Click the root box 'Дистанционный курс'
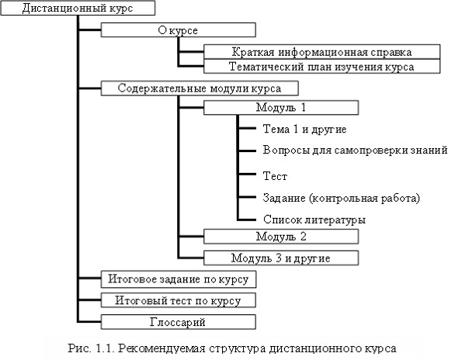(x=78, y=8)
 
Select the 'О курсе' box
(x=179, y=30)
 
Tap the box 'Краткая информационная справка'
(x=321, y=52)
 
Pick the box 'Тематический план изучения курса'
(x=321, y=66)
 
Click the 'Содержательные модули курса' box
(x=200, y=88)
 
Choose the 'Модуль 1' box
(x=281, y=108)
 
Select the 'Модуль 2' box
(x=281, y=237)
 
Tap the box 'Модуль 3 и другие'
(x=281, y=258)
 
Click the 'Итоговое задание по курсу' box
(x=179, y=279)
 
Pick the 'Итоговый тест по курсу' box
(x=179, y=300)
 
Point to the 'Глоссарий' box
(x=179, y=322)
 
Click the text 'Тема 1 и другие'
(x=304, y=129)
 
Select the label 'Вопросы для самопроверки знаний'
(x=355, y=150)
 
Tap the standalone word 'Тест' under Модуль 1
(x=275, y=176)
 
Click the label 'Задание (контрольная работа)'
(x=342, y=198)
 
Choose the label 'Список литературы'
(x=314, y=220)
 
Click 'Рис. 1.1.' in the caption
(x=92, y=348)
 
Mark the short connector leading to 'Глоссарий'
(x=89, y=322)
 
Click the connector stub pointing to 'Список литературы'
(x=247, y=220)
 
